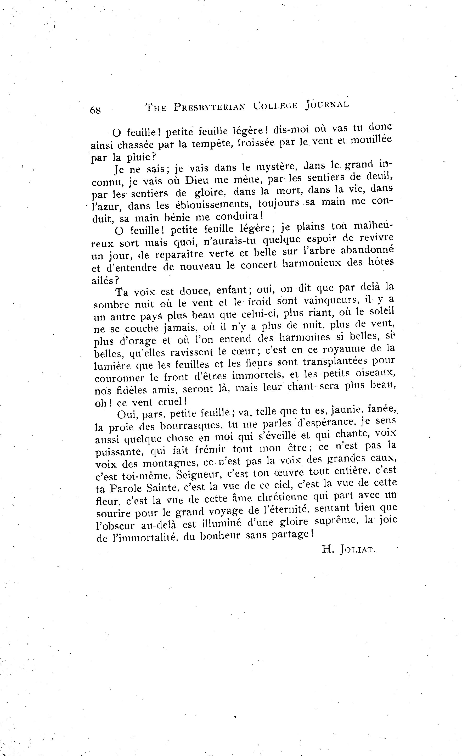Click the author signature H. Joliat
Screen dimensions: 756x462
tap(348, 549)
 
